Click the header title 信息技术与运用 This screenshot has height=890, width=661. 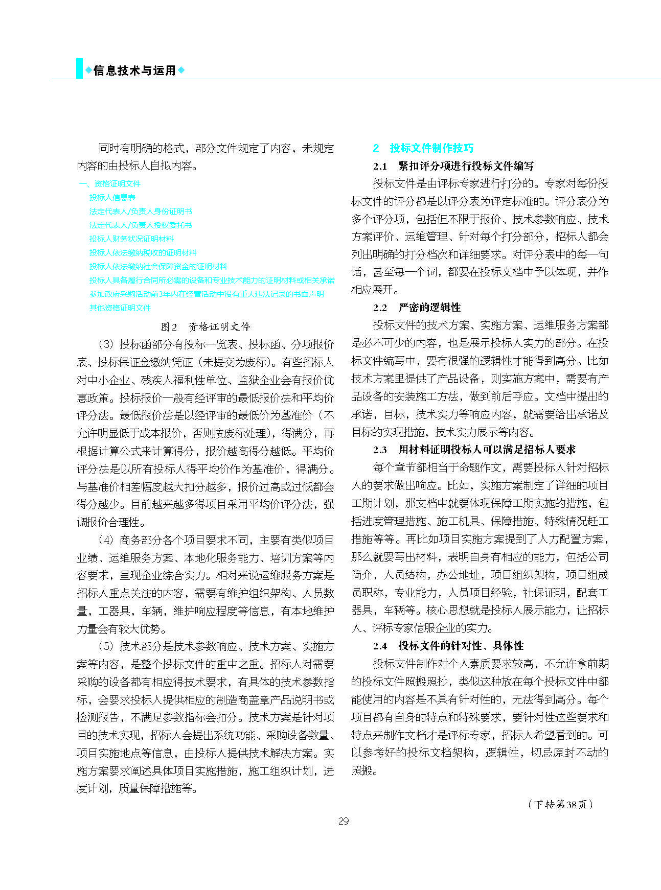[134, 71]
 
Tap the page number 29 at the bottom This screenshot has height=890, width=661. [344, 821]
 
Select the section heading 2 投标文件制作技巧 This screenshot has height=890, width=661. [423, 148]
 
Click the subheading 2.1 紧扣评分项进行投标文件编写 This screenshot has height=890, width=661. [453, 166]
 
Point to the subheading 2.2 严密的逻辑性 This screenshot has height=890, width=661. [417, 308]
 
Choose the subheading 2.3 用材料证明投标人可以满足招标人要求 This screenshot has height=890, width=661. [474, 450]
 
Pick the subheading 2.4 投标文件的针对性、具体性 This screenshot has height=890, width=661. [448, 646]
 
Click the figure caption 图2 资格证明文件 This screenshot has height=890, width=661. [206, 326]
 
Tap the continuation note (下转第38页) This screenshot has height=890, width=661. [561, 805]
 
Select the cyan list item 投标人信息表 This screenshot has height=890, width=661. [112, 197]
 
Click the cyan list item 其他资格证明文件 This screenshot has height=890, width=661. [120, 308]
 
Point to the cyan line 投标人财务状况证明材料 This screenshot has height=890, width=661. [131, 239]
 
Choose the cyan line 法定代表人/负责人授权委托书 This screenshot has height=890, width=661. [141, 225]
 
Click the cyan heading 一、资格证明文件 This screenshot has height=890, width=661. [109, 183]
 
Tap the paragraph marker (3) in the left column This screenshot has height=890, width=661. [105, 344]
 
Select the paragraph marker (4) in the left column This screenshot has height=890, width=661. [105, 540]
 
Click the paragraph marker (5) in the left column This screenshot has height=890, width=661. [105, 646]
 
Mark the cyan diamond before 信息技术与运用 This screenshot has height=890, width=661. [88, 71]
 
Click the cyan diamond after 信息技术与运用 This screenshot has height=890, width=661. [181, 71]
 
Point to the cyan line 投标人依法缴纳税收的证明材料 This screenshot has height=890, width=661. [143, 252]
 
